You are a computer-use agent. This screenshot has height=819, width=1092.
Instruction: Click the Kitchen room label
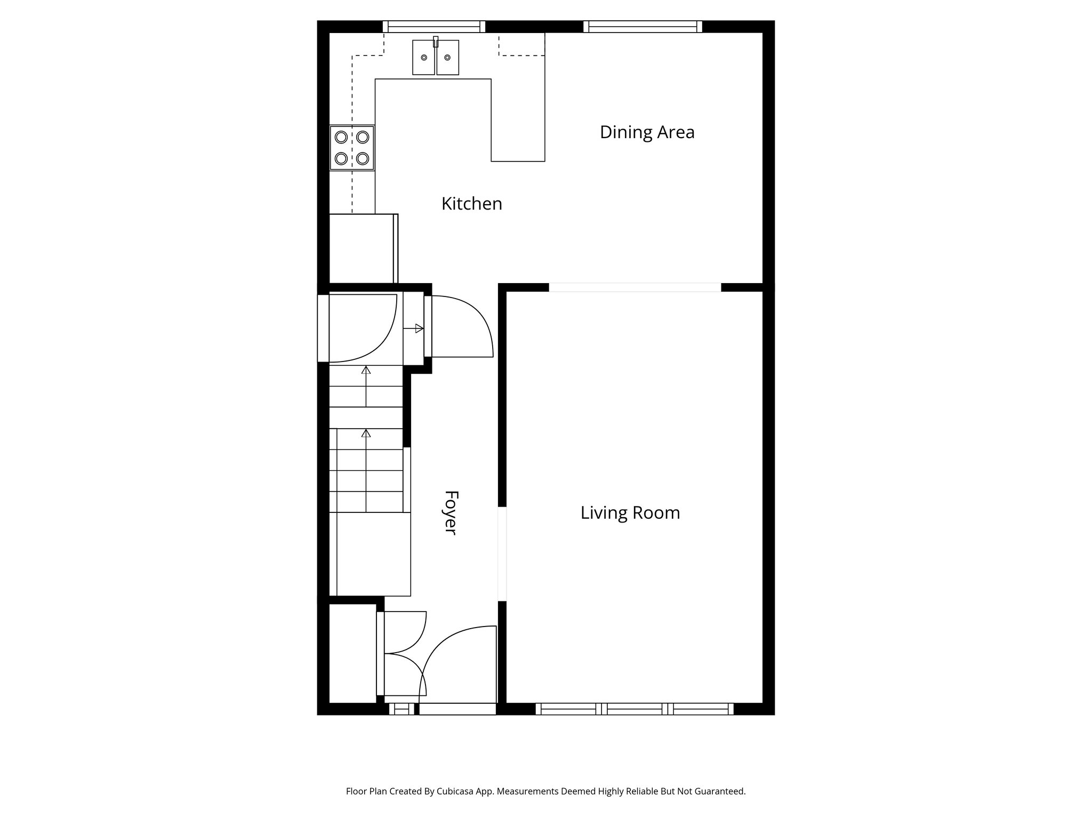tap(471, 204)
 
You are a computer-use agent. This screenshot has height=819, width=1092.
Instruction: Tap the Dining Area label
tap(647, 132)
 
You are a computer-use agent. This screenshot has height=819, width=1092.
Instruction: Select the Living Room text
tap(630, 513)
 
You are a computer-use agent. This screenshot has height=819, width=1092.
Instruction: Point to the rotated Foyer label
tap(451, 512)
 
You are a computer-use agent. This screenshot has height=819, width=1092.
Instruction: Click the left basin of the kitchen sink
tap(424, 57)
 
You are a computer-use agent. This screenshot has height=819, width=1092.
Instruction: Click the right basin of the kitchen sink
tap(447, 57)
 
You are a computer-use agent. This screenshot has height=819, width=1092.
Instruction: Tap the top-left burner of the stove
tap(341, 137)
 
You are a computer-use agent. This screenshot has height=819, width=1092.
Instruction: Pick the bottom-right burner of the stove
tap(363, 158)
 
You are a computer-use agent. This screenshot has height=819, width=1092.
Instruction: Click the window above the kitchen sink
tap(434, 27)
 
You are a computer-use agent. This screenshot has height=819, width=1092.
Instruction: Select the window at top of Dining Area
tap(643, 27)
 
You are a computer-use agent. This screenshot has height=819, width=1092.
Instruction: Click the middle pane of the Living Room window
tap(635, 709)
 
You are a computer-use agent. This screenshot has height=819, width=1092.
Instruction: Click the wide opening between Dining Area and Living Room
tap(635, 287)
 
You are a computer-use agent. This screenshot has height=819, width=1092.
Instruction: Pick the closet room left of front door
tap(352, 653)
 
